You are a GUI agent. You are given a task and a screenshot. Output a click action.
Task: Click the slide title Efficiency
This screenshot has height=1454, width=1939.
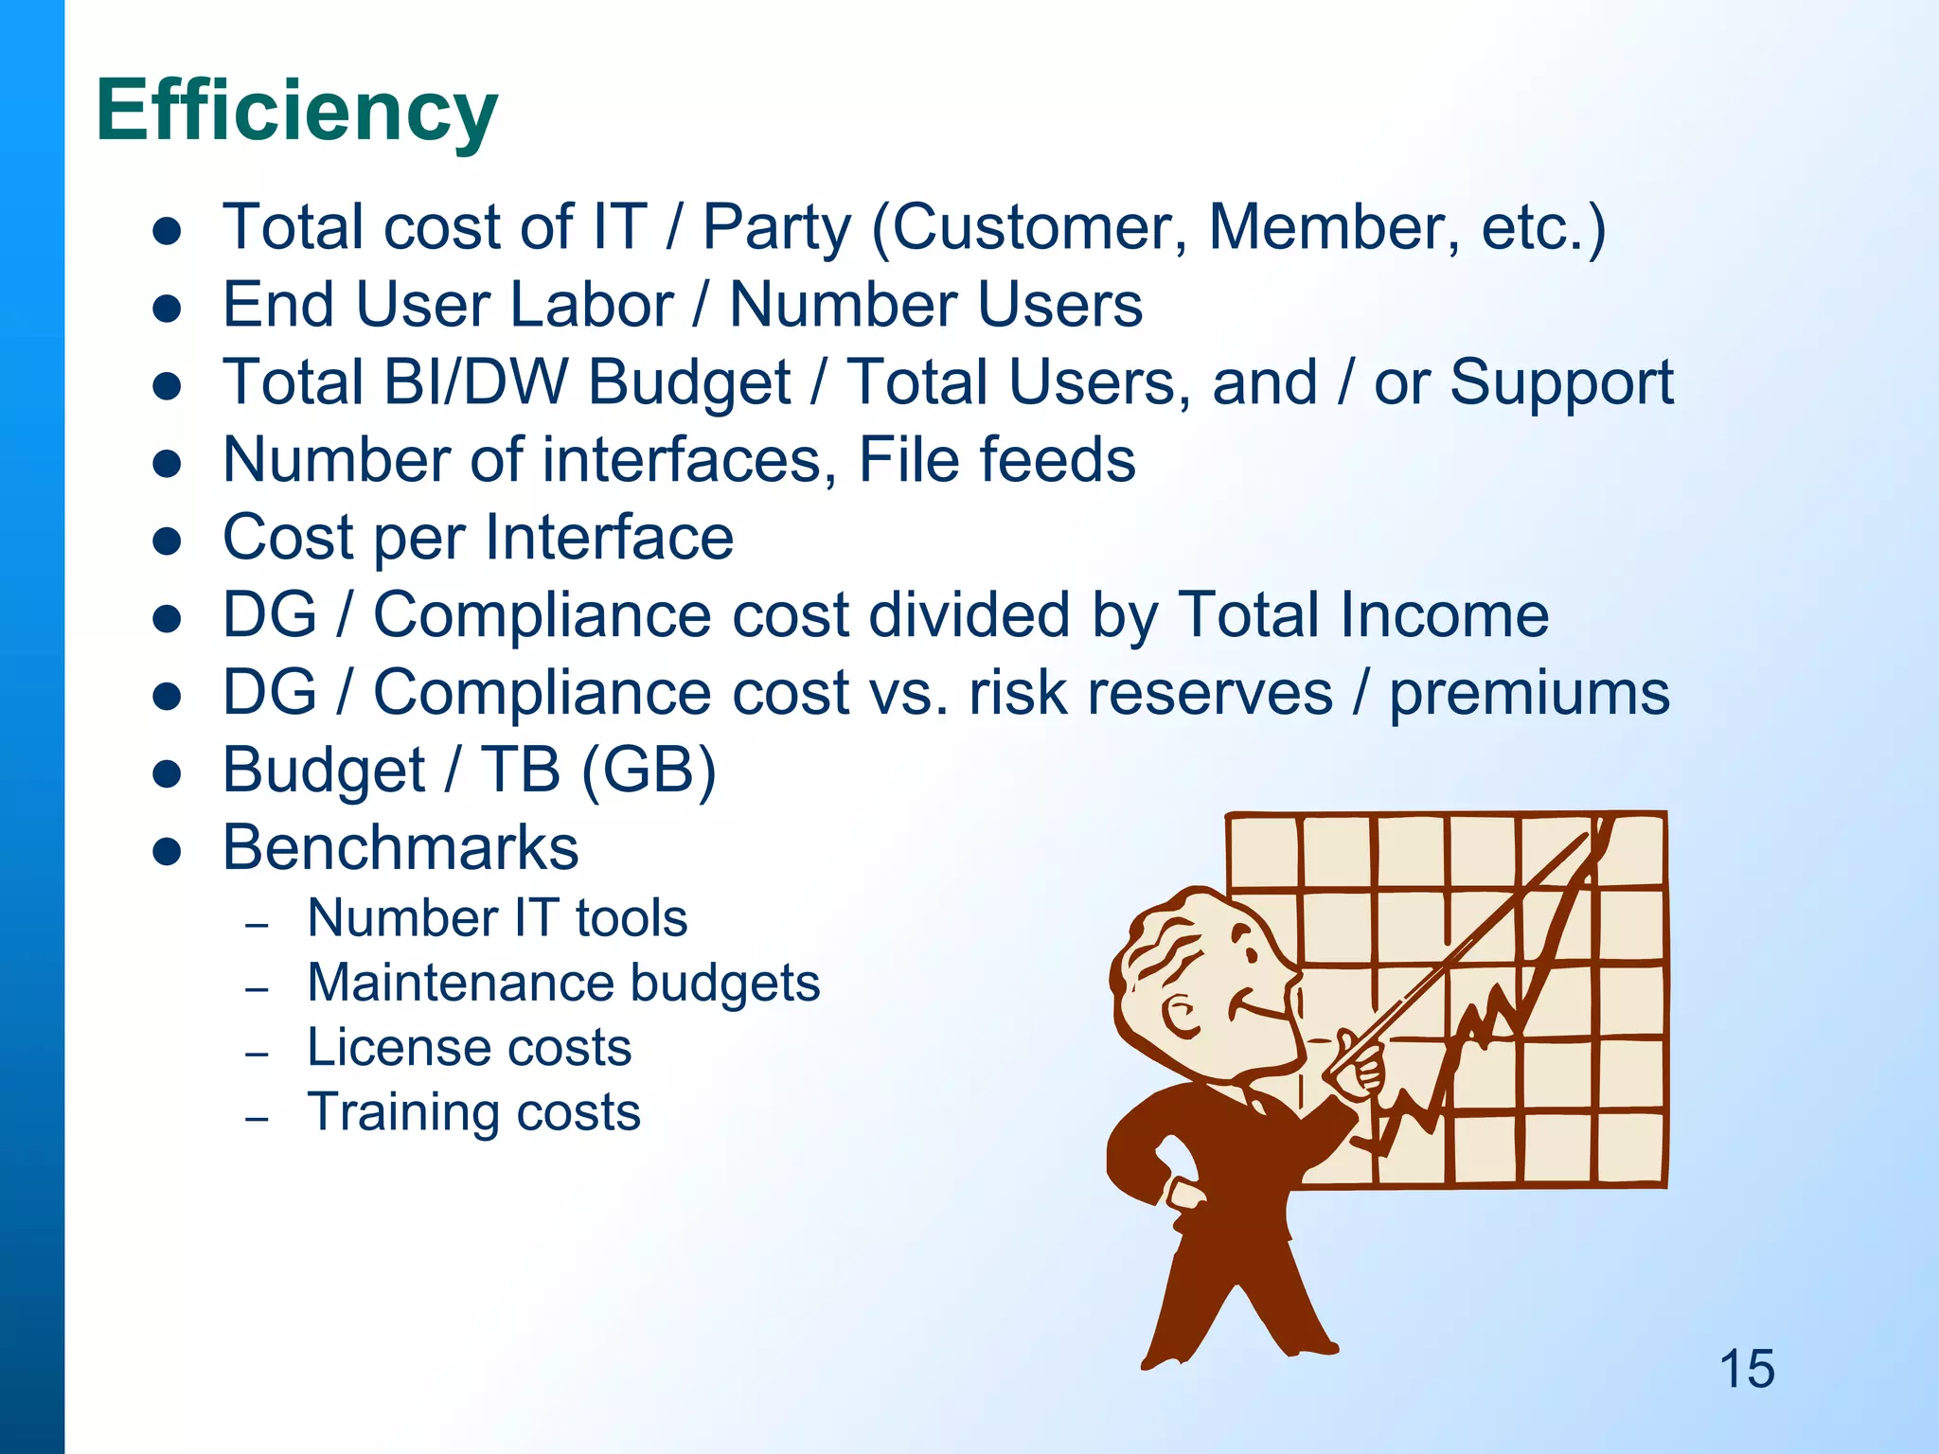pos(296,112)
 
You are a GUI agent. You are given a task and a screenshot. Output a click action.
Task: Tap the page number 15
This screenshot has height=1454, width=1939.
pos(1747,1369)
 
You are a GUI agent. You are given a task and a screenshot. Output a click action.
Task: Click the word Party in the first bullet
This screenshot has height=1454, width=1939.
pos(776,227)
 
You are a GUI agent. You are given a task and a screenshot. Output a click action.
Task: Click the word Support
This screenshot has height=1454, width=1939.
pos(1561,382)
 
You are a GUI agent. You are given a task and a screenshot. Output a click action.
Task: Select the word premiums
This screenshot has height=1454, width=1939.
pos(1529,693)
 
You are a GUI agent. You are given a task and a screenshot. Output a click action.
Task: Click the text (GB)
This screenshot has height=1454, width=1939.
pos(649,770)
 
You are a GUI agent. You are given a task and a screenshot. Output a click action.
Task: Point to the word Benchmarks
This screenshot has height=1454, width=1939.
pos(400,847)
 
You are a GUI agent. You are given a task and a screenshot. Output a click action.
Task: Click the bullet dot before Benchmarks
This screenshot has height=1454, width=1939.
pos(167,850)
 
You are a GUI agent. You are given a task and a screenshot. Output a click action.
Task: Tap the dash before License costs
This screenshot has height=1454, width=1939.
pos(257,1054)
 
